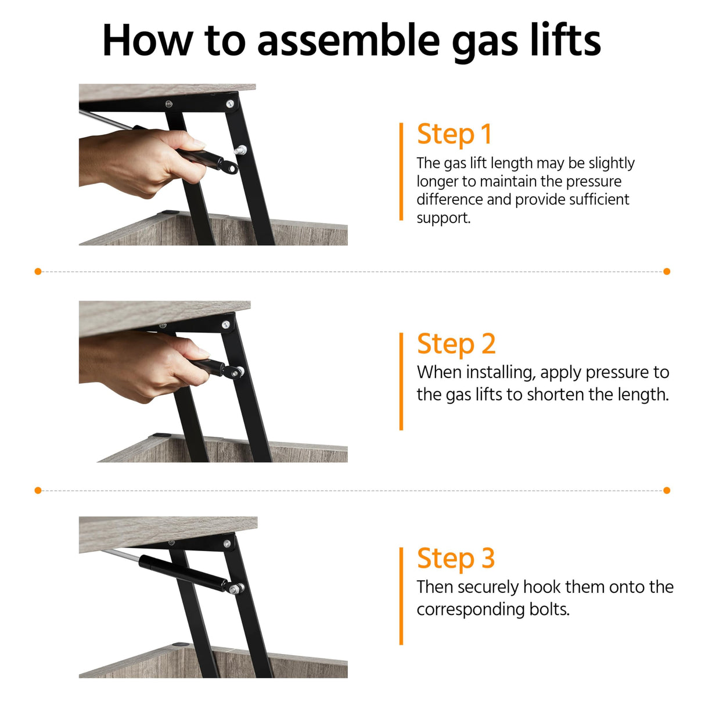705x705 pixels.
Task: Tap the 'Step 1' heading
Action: point(454,134)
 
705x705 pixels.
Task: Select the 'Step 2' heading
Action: point(456,344)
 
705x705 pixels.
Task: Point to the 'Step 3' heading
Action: point(456,557)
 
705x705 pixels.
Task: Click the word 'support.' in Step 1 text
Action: point(444,218)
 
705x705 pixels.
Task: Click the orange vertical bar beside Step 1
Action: point(401,171)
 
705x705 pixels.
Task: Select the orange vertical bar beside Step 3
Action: point(401,596)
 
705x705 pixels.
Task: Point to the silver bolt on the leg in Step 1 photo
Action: point(240,150)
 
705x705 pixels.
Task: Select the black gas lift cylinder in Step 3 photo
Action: point(182,572)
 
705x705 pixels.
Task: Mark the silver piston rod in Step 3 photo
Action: point(120,554)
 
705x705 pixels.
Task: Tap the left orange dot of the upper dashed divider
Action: point(38,271)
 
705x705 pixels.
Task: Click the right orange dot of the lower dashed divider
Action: point(667,490)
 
